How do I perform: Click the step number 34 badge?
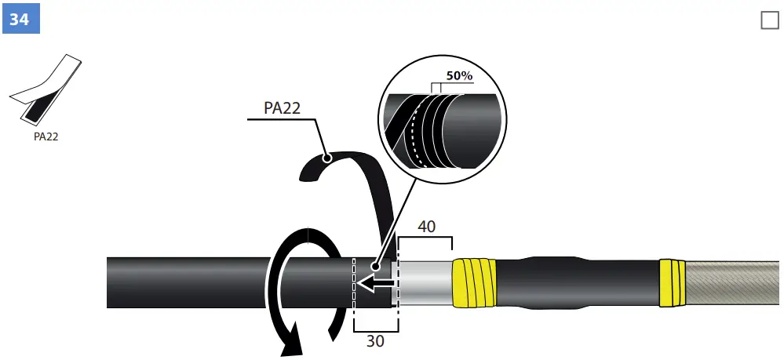tap(20, 19)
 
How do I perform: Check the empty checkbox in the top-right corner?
tap(769, 20)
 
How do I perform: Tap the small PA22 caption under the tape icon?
tap(46, 136)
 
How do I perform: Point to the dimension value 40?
tap(425, 226)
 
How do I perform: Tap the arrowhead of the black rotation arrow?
tap(291, 345)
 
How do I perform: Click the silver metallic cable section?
tap(425, 283)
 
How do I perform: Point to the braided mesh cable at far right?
tap(734, 283)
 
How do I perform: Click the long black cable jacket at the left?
tap(188, 282)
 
